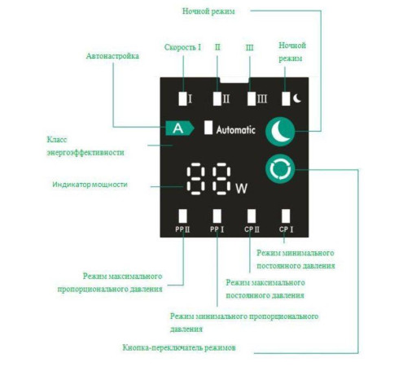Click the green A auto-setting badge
click(176, 129)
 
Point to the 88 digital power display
click(208, 181)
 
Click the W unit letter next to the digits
click(241, 189)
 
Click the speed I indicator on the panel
click(183, 98)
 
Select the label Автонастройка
click(112, 57)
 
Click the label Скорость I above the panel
click(182, 48)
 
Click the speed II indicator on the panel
click(217, 98)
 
